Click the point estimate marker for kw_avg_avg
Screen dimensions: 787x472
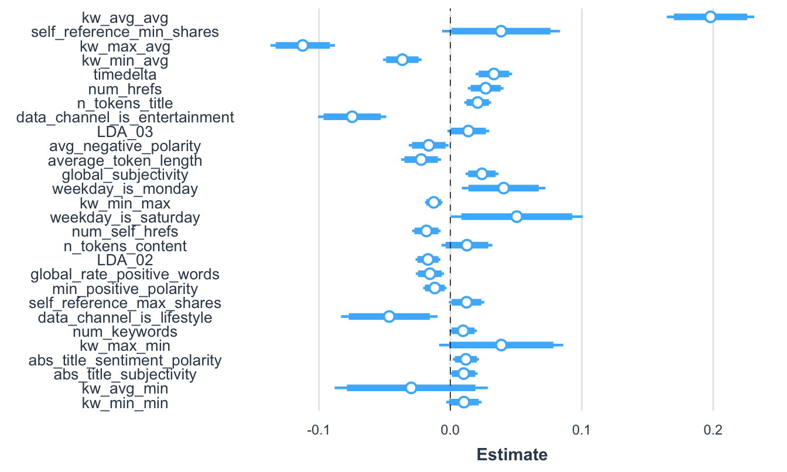click(x=710, y=17)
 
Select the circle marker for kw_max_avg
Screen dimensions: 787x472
click(x=302, y=46)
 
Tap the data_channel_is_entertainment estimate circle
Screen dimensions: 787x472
click(x=352, y=117)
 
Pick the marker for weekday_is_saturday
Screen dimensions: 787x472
click(x=516, y=217)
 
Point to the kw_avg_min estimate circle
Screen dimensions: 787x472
click(x=411, y=388)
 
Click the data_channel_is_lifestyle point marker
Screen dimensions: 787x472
click(x=389, y=317)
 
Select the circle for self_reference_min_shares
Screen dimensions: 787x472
click(x=501, y=31)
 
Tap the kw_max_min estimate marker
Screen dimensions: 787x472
click(x=501, y=345)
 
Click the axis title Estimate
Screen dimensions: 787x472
click(x=512, y=454)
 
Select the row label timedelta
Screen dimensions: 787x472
click(x=125, y=74)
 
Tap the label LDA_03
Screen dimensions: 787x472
click(x=125, y=131)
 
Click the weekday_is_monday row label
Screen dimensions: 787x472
click(x=125, y=189)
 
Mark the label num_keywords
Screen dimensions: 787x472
click(x=125, y=331)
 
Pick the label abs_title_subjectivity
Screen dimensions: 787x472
click(x=125, y=374)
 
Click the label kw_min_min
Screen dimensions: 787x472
click(x=125, y=403)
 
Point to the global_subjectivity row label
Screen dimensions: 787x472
click(x=125, y=175)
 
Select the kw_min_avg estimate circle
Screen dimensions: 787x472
click(x=402, y=60)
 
